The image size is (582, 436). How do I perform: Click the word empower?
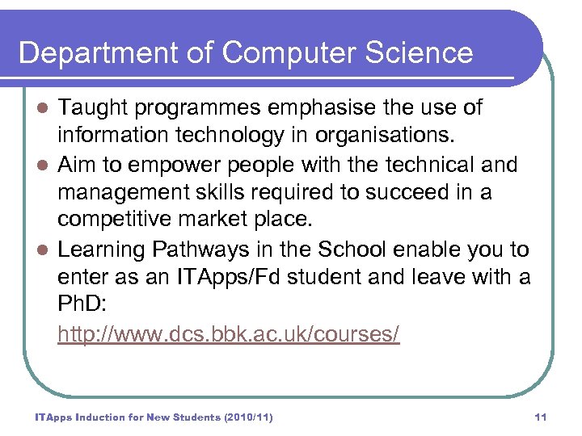click(x=175, y=166)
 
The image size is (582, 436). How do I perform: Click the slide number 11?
click(x=541, y=417)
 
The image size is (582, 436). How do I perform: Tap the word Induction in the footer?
click(x=97, y=417)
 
